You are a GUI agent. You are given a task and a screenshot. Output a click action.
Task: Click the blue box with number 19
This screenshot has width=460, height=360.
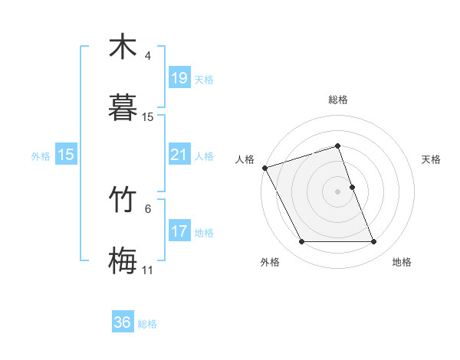(179, 78)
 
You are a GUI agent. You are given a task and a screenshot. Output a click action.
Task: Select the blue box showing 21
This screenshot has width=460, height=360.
(179, 155)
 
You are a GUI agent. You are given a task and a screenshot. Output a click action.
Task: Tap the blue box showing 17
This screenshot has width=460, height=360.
(179, 231)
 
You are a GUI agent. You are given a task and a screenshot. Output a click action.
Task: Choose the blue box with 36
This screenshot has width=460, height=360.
(123, 322)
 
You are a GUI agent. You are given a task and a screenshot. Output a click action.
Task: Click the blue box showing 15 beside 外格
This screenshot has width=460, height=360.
(66, 155)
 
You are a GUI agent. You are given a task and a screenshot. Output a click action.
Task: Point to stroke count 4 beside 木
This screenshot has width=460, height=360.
(148, 57)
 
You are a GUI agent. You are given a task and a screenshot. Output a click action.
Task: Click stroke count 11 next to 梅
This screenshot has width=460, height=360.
(148, 270)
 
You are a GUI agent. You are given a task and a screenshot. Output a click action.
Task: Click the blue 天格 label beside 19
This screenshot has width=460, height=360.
(204, 79)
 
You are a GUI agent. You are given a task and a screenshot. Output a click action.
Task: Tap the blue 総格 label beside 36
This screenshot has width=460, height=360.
(147, 323)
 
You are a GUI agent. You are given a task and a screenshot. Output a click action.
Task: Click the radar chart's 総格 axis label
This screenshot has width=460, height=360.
(338, 100)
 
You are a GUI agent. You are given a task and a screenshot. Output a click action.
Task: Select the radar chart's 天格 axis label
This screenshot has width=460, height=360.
(431, 159)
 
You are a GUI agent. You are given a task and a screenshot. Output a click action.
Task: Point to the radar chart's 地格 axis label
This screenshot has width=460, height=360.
(402, 262)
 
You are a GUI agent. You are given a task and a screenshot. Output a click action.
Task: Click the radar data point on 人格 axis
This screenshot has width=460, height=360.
(264, 168)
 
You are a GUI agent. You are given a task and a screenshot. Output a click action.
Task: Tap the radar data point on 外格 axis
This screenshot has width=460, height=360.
(301, 242)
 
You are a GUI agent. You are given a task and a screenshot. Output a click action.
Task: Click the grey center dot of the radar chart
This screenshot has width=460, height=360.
(338, 191)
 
